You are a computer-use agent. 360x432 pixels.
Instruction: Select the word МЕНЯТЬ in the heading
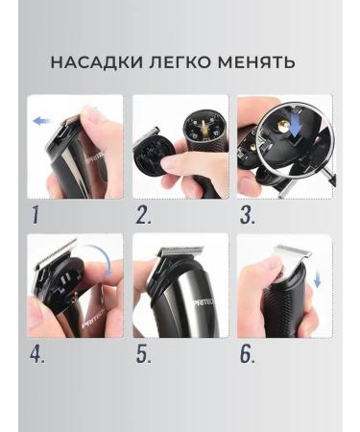tap(253, 63)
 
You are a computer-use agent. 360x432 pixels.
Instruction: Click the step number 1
tap(35, 214)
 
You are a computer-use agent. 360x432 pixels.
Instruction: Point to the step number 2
tap(143, 214)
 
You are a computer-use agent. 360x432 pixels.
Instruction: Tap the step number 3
tap(247, 214)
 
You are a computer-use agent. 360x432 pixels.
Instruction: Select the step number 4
tap(37, 353)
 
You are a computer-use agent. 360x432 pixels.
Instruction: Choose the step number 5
tap(143, 353)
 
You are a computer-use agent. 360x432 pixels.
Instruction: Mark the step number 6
tap(247, 353)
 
